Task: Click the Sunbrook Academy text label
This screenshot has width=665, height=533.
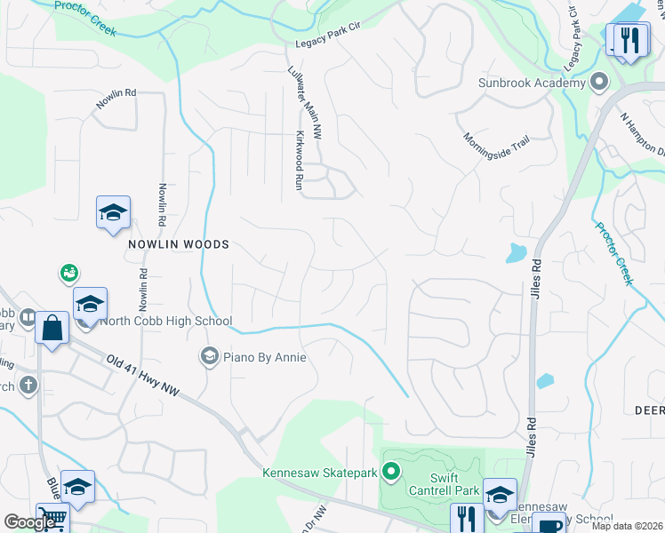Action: tap(533, 84)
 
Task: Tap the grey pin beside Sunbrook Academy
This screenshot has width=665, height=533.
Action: tap(599, 84)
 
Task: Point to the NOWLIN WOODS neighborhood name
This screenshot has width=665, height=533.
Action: tap(178, 244)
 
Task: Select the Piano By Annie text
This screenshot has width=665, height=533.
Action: tap(265, 357)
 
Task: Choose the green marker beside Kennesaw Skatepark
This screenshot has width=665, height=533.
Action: tap(392, 471)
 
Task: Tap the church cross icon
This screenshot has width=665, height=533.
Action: tap(28, 386)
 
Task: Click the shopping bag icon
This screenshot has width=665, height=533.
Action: tap(52, 328)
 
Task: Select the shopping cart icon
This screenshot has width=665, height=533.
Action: tap(52, 518)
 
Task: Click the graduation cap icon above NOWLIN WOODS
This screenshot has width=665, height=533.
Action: tap(113, 212)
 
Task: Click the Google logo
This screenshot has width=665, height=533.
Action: tap(29, 521)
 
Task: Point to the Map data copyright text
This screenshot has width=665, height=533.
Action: tap(628, 526)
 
